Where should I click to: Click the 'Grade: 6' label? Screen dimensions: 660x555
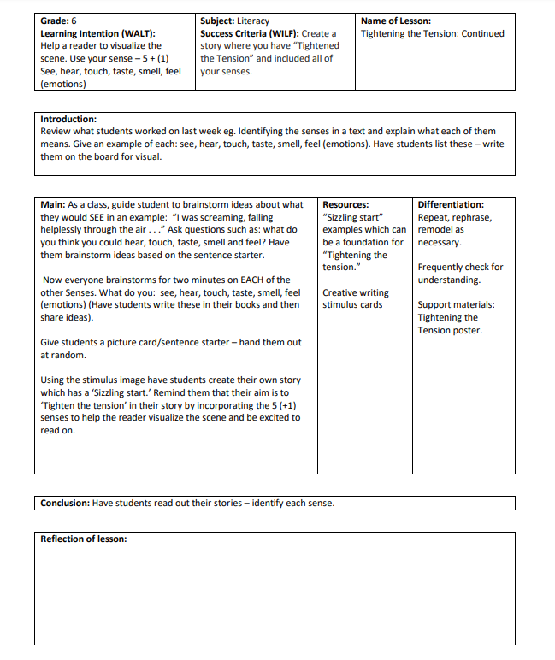pyautogui.click(x=60, y=21)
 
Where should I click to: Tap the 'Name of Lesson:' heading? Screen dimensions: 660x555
pyautogui.click(x=396, y=21)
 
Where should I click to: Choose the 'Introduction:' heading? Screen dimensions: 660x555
pyautogui.click(x=68, y=119)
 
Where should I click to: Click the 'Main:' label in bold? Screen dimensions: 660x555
pyautogui.click(x=53, y=204)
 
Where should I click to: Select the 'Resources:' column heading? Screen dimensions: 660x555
pyautogui.click(x=345, y=204)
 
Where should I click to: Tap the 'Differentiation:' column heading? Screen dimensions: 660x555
pyautogui.click(x=451, y=204)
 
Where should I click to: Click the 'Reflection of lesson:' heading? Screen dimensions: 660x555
pyautogui.click(x=84, y=539)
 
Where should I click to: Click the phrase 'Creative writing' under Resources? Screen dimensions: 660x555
pyautogui.click(x=356, y=292)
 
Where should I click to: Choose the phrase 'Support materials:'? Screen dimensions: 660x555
pyautogui.click(x=456, y=304)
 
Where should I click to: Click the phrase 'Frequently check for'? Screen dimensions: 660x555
pyautogui.click(x=460, y=267)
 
